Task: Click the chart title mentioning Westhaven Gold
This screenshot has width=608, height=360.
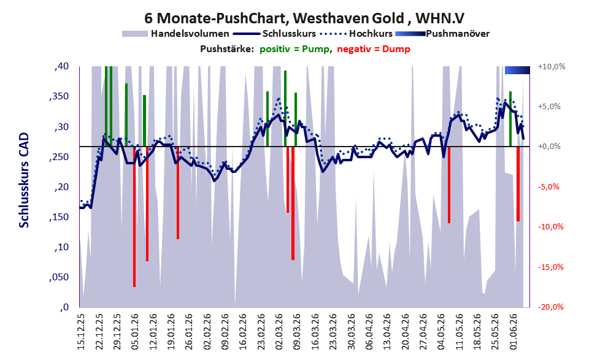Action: (304, 18)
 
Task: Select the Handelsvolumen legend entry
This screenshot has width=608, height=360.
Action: (175, 34)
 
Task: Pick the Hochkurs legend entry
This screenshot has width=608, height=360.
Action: (356, 34)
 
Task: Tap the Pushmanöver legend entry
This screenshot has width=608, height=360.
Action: (442, 34)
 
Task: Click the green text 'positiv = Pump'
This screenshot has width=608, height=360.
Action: (294, 49)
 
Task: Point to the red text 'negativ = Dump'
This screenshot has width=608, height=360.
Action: (374, 49)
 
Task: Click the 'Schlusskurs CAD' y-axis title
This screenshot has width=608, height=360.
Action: (24, 180)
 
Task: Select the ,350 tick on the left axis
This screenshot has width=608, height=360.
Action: (59, 96)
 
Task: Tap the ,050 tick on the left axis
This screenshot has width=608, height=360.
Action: (59, 277)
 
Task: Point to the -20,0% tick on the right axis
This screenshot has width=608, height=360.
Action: (551, 307)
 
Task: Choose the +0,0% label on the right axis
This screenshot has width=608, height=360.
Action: (549, 147)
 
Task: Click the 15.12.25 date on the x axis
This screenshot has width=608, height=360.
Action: (80, 331)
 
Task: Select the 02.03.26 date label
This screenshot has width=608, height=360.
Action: (279, 331)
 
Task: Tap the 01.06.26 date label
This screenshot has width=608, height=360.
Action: (514, 331)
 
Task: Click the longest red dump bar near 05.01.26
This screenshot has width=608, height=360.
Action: (134, 216)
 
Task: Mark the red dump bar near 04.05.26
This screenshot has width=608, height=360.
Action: (449, 185)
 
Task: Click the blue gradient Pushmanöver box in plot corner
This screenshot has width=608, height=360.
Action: (517, 70)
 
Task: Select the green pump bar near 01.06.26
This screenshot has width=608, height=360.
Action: (510, 119)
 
